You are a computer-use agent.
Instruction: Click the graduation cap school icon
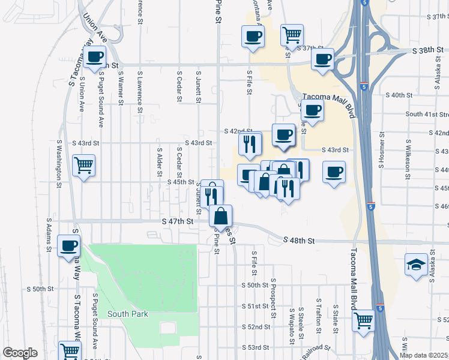point(416,264)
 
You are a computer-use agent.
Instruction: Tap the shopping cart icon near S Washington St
point(83,164)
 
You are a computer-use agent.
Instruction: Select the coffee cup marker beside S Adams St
point(69,245)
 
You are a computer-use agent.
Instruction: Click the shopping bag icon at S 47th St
point(221,215)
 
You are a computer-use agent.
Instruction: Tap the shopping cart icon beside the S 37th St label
point(292,35)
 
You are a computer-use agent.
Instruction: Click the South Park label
point(127,314)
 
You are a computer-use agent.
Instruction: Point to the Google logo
point(20,353)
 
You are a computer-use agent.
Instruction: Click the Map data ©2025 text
point(423,355)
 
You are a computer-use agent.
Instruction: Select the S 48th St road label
point(300,241)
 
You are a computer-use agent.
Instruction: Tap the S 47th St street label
point(178,221)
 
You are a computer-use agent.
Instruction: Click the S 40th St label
point(399,95)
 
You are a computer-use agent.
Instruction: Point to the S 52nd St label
point(255,326)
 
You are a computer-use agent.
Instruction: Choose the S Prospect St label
point(273,297)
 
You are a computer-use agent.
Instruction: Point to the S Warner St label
point(121,88)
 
